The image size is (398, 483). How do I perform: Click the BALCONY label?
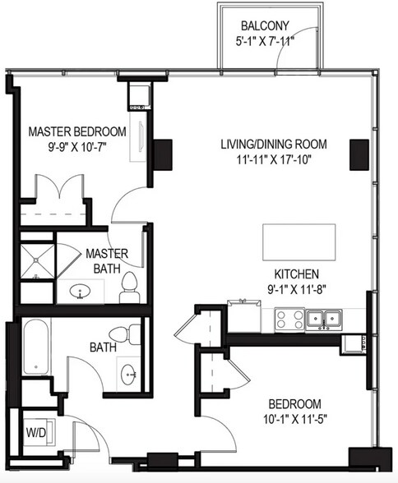pos(265,26)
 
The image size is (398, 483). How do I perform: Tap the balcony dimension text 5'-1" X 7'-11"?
pos(264,41)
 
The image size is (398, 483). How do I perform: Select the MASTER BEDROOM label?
pos(77,131)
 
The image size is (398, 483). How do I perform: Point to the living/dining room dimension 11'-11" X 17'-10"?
pos(274,159)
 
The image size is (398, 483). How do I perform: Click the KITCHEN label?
pos(297,274)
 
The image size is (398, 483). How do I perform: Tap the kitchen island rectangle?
pos(299,242)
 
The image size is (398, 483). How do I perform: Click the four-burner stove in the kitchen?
pos(289,320)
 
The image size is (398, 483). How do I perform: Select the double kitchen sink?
pos(324,319)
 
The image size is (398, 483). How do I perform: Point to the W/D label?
pos(35,433)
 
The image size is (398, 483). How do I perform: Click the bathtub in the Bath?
pos(36,347)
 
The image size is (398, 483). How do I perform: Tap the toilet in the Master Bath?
pos(129,287)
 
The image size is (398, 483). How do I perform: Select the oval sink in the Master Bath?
pos(80,291)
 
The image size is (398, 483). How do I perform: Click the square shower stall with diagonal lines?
pos(37,261)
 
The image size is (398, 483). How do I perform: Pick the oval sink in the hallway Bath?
pos(128,375)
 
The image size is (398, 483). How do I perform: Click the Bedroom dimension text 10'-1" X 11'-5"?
pos(295,419)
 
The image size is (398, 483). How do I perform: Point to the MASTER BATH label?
pos(107,261)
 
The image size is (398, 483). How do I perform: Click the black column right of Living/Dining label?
pos(359,154)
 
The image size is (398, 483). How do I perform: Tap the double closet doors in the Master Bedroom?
pos(60,187)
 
